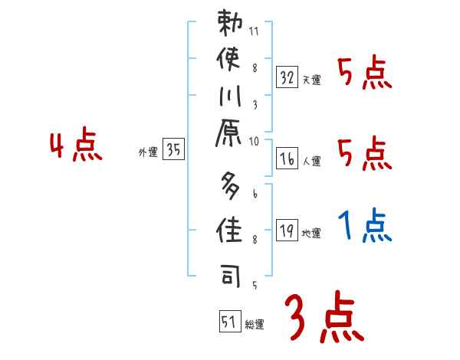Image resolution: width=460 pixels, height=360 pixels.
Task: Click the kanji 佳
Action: pyautogui.click(x=230, y=229)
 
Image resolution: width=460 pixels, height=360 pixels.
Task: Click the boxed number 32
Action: pyautogui.click(x=287, y=77)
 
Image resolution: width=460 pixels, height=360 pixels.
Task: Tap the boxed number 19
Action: pyautogui.click(x=287, y=230)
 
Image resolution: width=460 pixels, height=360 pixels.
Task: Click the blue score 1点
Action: pyautogui.click(x=364, y=227)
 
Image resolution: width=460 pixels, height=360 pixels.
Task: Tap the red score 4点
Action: pyautogui.click(x=75, y=146)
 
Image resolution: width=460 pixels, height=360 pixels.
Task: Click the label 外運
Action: pyautogui.click(x=147, y=152)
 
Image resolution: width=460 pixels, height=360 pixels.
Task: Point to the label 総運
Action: pyautogui.click(x=255, y=324)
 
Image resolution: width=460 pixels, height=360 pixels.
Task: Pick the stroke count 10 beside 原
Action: pyautogui.click(x=254, y=140)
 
